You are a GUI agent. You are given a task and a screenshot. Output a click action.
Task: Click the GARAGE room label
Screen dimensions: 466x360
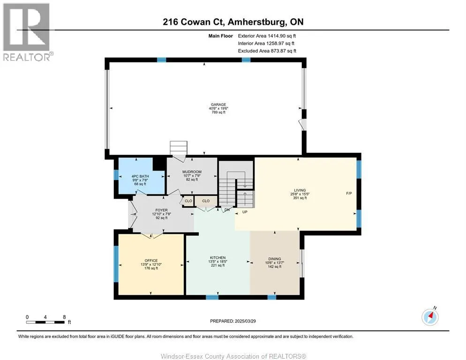[x=218, y=105]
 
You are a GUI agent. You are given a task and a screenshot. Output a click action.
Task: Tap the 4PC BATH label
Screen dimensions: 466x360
[x=140, y=176]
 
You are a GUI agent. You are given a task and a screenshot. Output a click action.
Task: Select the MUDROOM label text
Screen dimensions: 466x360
[x=192, y=172]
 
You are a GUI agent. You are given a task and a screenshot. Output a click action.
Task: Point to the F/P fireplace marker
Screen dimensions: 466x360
[x=349, y=194]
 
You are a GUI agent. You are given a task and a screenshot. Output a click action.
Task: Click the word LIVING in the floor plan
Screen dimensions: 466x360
[x=300, y=190]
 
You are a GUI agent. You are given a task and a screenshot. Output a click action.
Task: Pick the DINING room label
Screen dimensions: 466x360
[x=275, y=259]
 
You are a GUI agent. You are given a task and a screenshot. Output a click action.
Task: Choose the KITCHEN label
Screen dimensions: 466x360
[x=218, y=258]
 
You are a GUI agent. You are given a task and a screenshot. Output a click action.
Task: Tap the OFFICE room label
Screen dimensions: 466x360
[x=151, y=261]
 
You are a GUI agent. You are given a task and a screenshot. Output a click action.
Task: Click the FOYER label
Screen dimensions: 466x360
[x=162, y=210]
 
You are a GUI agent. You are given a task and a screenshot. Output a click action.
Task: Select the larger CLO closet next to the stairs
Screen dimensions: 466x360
[x=206, y=201]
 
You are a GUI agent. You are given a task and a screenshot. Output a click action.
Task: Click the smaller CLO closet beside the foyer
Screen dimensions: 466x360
[x=188, y=201]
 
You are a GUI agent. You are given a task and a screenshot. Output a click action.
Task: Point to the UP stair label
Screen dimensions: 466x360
[x=245, y=212]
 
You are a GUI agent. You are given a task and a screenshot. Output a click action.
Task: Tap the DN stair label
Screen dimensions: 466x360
[x=227, y=210]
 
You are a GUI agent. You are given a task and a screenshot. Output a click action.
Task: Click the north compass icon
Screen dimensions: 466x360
[x=430, y=317]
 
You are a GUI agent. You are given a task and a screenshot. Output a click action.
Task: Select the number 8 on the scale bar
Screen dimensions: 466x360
[x=64, y=317]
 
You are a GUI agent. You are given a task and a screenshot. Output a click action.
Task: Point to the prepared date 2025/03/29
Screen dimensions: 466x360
[x=245, y=321]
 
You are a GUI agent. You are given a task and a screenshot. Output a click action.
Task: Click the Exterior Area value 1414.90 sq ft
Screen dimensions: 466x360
[x=282, y=36]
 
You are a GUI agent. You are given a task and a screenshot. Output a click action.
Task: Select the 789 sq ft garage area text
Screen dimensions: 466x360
[x=218, y=112]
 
